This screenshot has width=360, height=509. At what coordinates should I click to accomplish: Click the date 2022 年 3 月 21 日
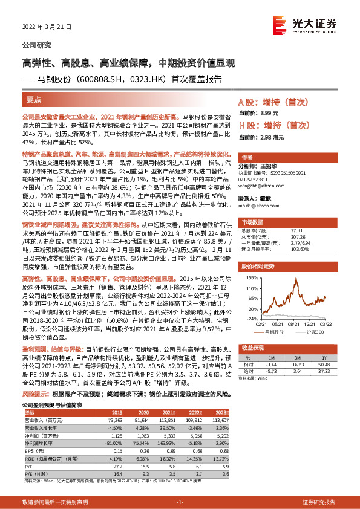tap(47, 28)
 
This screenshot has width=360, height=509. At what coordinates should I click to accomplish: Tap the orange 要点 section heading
tap(33, 99)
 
